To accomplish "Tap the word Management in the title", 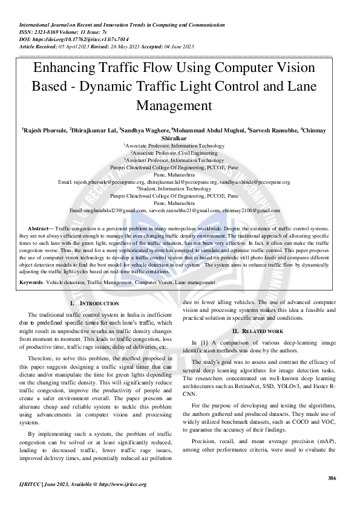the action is (x=180, y=105).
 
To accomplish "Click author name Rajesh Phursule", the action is (x=44, y=129).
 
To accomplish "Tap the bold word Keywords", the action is (x=31, y=282).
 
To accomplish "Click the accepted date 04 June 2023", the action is (x=175, y=46).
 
